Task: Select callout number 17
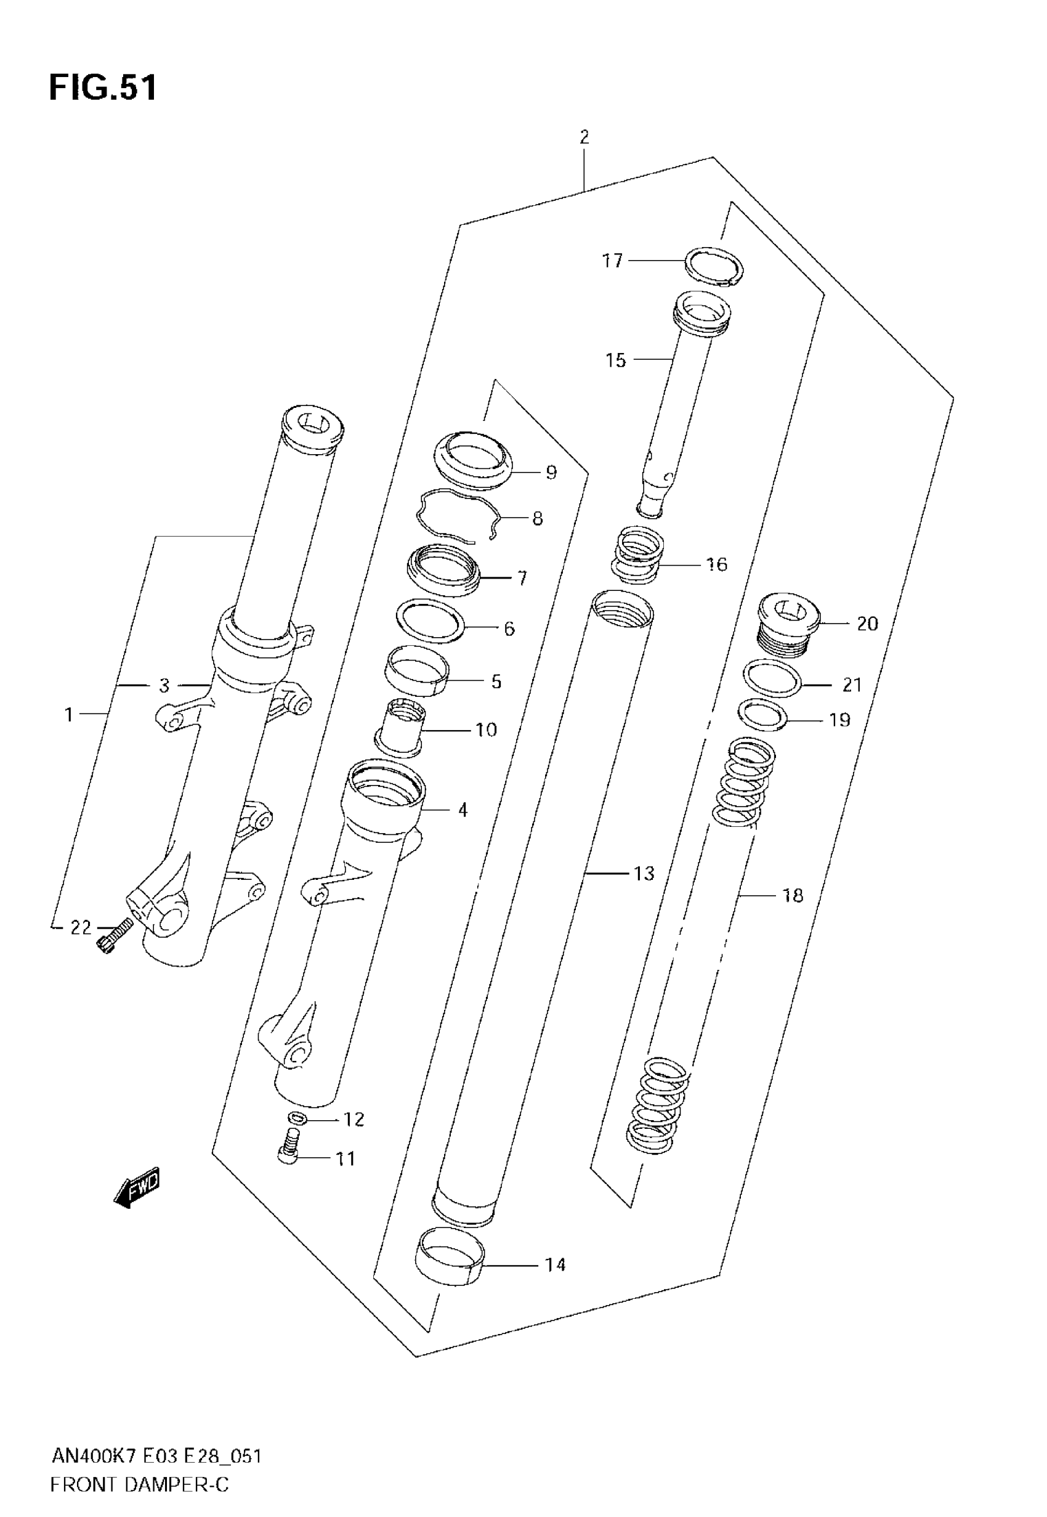click(x=612, y=261)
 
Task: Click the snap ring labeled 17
click(x=714, y=266)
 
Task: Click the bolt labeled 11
click(x=290, y=1152)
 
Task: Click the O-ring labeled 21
click(x=773, y=679)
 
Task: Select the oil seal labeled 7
click(x=443, y=569)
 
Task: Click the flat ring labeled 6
click(x=431, y=620)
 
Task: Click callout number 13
click(x=644, y=873)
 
